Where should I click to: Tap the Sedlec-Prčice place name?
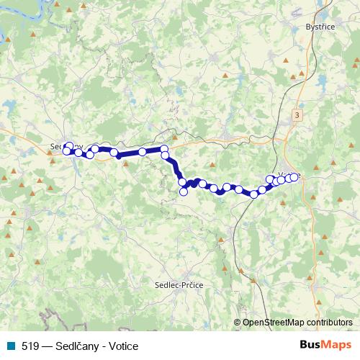click(x=179, y=286)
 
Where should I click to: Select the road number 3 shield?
click(x=298, y=115)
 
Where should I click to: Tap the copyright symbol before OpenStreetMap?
click(x=239, y=323)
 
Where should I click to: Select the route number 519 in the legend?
click(x=30, y=346)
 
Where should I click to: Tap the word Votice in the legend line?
click(x=123, y=346)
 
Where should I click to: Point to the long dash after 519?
click(x=47, y=346)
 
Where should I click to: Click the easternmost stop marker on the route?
click(x=294, y=176)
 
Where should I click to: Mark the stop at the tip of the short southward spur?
click(x=184, y=192)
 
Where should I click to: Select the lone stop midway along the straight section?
click(x=143, y=151)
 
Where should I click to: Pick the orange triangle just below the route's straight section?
click(x=126, y=163)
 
